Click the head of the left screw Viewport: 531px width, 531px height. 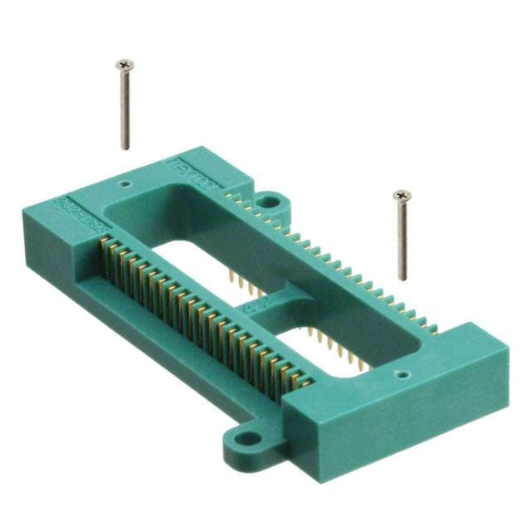click(x=124, y=64)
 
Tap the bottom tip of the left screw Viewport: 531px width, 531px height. click(x=126, y=148)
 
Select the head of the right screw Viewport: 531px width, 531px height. click(x=402, y=195)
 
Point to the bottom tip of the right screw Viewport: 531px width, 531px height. click(x=404, y=279)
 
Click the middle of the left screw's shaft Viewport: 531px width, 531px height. click(x=125, y=108)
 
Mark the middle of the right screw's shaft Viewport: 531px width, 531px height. click(x=403, y=239)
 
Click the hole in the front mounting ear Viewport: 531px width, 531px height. click(x=244, y=442)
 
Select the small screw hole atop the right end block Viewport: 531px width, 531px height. click(x=402, y=374)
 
